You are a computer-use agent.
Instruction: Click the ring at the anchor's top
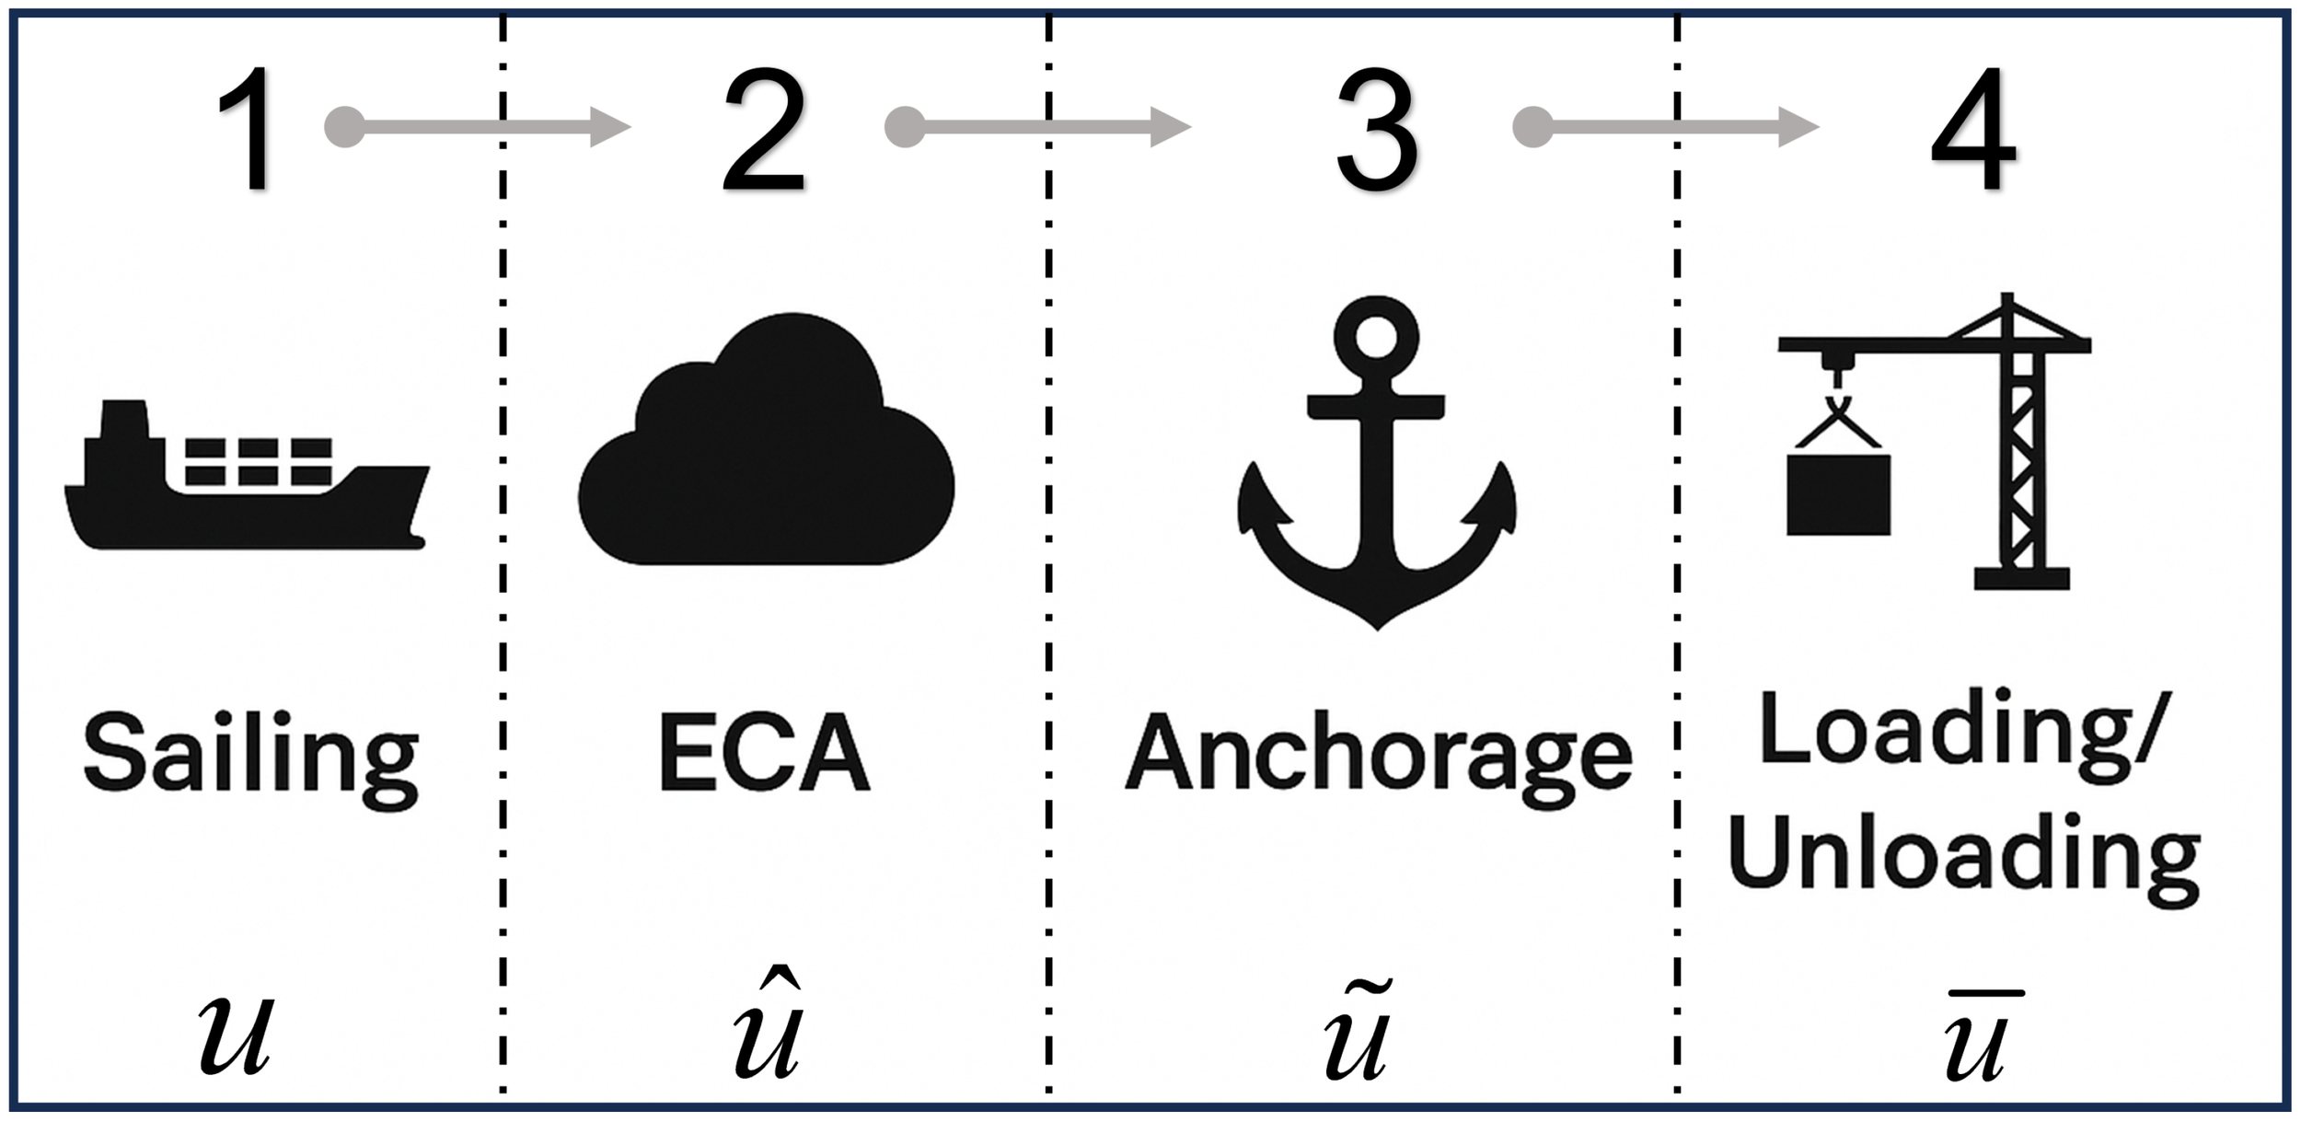pos(1376,338)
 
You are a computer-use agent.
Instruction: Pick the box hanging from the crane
pos(1838,494)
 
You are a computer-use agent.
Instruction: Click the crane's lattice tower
pos(2022,460)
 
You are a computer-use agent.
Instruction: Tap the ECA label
pos(764,753)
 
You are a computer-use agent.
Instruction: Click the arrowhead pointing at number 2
pos(609,127)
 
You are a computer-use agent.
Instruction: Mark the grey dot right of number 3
pos(1532,127)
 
